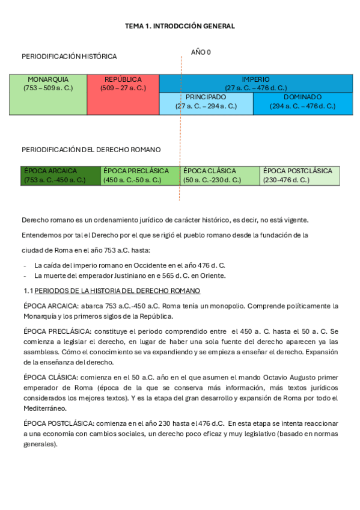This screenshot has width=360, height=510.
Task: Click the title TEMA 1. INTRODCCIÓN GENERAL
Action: coord(180,26)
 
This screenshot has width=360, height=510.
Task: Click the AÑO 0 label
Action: coord(201,52)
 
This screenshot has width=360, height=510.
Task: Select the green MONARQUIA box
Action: coord(48,94)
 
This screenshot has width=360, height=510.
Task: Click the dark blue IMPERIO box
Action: coord(256,84)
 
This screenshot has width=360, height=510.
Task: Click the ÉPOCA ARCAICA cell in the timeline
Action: coord(61,175)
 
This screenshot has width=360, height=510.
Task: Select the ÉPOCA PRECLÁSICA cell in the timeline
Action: coord(140,175)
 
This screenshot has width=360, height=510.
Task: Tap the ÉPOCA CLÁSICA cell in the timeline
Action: coord(219,175)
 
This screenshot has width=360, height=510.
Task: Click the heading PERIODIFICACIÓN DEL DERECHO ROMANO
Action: coord(91,150)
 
